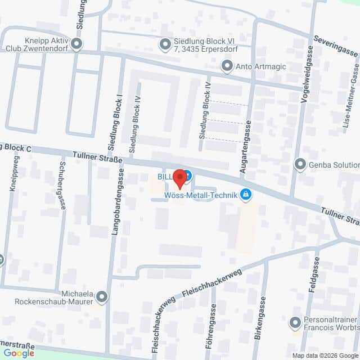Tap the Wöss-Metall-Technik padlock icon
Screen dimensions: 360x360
(x=245, y=195)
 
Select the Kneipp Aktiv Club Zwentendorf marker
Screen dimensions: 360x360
(x=77, y=43)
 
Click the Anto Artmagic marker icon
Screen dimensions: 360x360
(x=227, y=67)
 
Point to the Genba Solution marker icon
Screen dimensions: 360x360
(x=300, y=165)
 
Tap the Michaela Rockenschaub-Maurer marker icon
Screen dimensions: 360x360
(x=102, y=296)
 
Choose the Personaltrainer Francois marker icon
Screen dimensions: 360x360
(x=295, y=323)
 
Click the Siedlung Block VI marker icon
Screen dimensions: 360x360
(x=165, y=43)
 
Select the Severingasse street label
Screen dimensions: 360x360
(x=336, y=46)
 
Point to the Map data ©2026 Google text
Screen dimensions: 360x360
(x=325, y=355)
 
